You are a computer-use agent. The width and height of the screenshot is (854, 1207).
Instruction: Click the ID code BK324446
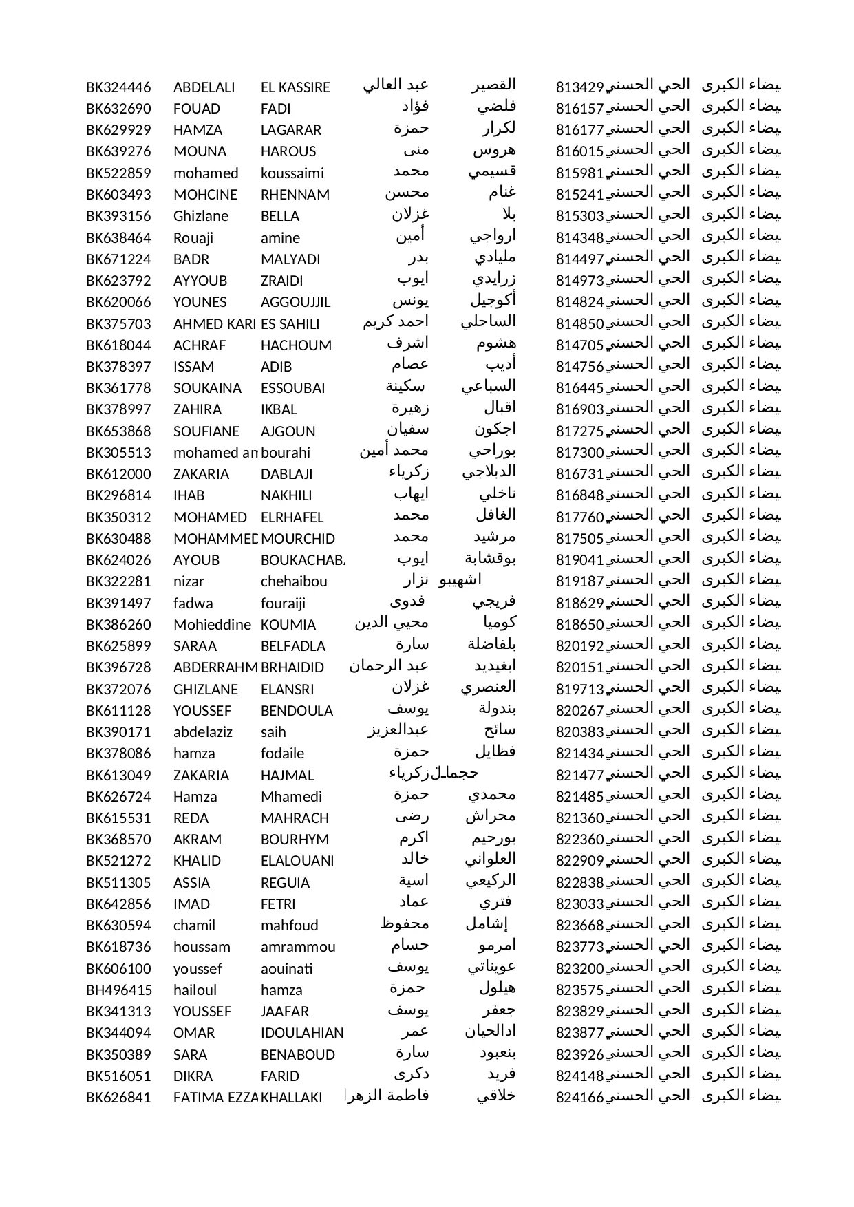pyautogui.click(x=118, y=87)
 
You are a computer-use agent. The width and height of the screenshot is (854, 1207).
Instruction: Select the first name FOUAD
pyautogui.click(x=197, y=109)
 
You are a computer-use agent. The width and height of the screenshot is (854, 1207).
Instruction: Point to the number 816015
pyautogui.click(x=579, y=152)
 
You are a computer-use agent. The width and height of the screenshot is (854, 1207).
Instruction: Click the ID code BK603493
pyautogui.click(x=118, y=195)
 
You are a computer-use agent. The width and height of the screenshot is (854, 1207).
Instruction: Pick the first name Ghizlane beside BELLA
pyautogui.click(x=201, y=216)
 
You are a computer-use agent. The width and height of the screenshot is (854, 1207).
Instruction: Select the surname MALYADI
pyautogui.click(x=290, y=259)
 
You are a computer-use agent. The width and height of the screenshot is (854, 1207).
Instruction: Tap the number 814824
pyautogui.click(x=579, y=302)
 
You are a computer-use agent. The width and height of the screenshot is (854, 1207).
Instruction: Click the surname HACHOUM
pyautogui.click(x=296, y=345)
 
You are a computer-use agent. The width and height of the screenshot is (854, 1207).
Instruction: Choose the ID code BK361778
pyautogui.click(x=118, y=388)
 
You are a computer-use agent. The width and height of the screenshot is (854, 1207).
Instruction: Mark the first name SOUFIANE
pyautogui.click(x=206, y=431)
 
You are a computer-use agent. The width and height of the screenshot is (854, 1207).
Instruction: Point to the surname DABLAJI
pyautogui.click(x=287, y=474)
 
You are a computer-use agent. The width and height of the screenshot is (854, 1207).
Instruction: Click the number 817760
pyautogui.click(x=579, y=517)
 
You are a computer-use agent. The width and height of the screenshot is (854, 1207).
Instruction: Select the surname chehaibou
pyautogui.click(x=294, y=581)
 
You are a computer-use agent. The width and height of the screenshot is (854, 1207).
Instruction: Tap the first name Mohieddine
pyautogui.click(x=212, y=625)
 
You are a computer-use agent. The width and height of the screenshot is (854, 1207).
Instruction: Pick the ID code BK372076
pyautogui.click(x=118, y=690)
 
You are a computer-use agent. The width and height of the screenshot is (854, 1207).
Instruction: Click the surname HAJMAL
pyautogui.click(x=287, y=776)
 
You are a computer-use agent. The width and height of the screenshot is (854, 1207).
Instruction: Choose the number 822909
pyautogui.click(x=579, y=862)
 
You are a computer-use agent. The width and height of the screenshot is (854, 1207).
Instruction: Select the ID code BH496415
pyautogui.click(x=118, y=990)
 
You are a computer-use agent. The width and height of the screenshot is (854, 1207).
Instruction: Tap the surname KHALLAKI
pyautogui.click(x=292, y=1098)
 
